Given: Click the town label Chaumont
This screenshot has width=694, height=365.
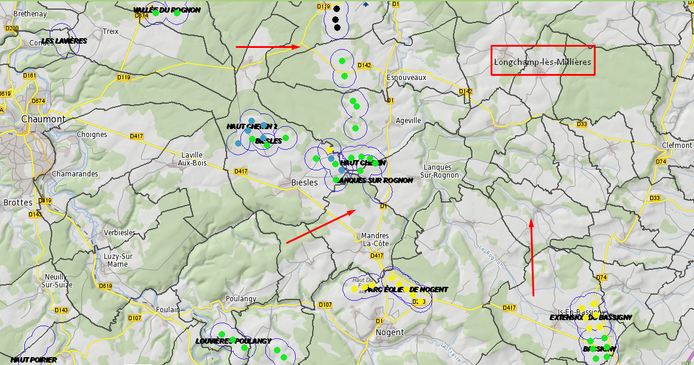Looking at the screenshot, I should pos(43,119).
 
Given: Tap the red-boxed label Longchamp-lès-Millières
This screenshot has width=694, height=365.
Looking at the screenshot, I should pos(542,62).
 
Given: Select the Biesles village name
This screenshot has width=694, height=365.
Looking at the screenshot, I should pos(304,182).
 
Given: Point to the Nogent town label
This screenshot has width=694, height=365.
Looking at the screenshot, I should pos(390,332).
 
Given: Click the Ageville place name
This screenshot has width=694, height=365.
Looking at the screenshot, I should pos(408,120).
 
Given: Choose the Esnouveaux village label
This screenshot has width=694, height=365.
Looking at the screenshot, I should pos(406,77).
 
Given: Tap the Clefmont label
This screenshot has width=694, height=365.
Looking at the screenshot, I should pos(677,145).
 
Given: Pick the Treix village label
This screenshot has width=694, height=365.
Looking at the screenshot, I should pos(111,31).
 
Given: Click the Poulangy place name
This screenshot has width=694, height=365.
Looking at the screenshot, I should pos(241,298).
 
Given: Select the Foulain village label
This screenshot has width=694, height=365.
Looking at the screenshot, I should pos(167,309).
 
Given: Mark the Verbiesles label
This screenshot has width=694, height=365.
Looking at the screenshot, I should pos(120,232).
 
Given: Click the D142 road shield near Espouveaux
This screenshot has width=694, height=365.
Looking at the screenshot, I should pos(364,65).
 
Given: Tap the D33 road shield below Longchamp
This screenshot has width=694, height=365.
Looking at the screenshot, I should pos(582,124).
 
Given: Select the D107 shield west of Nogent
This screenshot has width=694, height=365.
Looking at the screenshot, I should pos(325,304).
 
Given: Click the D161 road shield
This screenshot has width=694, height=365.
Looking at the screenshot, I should pos(30,76).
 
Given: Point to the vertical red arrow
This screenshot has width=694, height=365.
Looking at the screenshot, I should pos(532,257).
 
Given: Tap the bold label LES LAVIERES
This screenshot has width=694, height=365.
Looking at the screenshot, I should pos(64,41).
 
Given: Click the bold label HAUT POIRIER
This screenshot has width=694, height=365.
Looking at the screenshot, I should pos(33,360).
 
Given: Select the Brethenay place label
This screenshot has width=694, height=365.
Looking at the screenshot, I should pos(30,13).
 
